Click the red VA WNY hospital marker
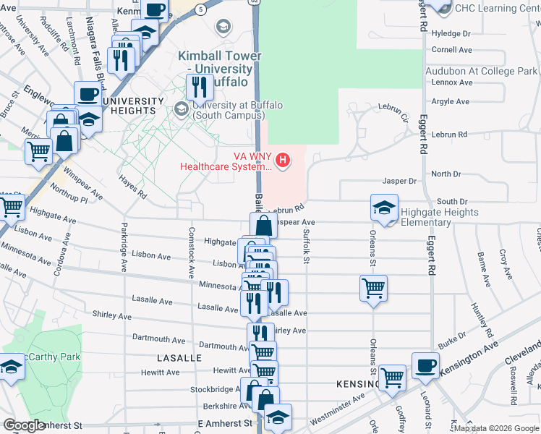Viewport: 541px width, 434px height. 283,160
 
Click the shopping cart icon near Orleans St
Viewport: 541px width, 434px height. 373,288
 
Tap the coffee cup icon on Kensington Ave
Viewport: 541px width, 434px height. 425,365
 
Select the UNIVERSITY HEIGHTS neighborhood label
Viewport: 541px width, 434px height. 129,106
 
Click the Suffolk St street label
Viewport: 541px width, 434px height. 306,246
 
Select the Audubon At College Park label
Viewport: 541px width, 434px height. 482,72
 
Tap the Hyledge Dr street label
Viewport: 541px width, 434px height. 451,34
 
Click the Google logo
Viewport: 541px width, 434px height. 24,425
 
